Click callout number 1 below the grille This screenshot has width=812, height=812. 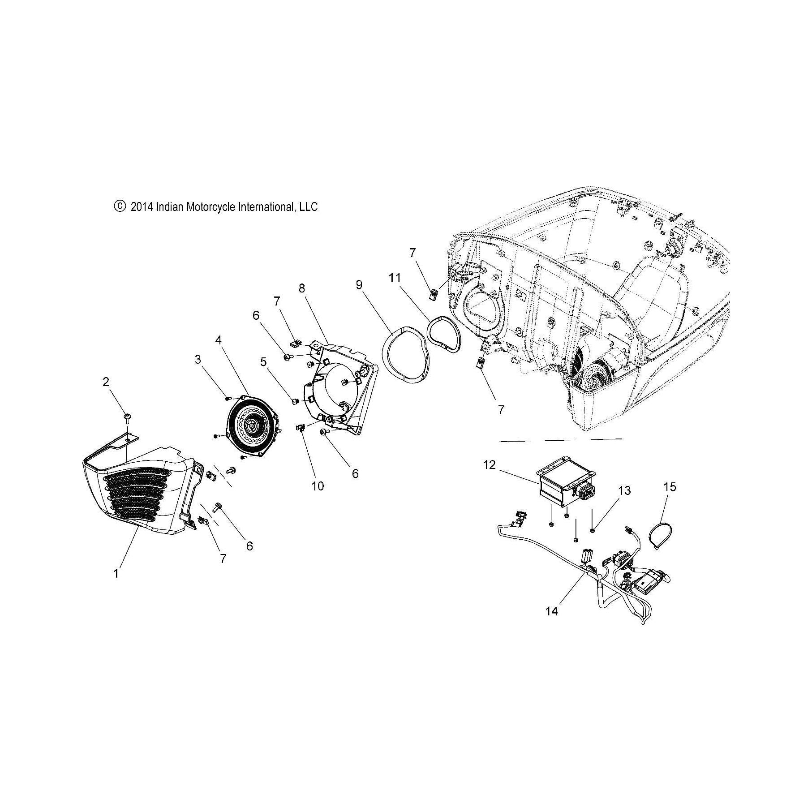point(116,573)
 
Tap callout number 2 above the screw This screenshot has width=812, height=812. point(106,382)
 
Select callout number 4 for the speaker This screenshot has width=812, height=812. point(218,340)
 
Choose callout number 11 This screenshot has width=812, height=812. point(395,278)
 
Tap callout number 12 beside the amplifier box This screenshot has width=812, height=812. point(490,465)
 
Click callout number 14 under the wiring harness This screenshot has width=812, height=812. point(552,610)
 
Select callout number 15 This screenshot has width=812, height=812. point(670,487)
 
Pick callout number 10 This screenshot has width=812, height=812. point(318,486)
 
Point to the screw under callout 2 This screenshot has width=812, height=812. point(126,418)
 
